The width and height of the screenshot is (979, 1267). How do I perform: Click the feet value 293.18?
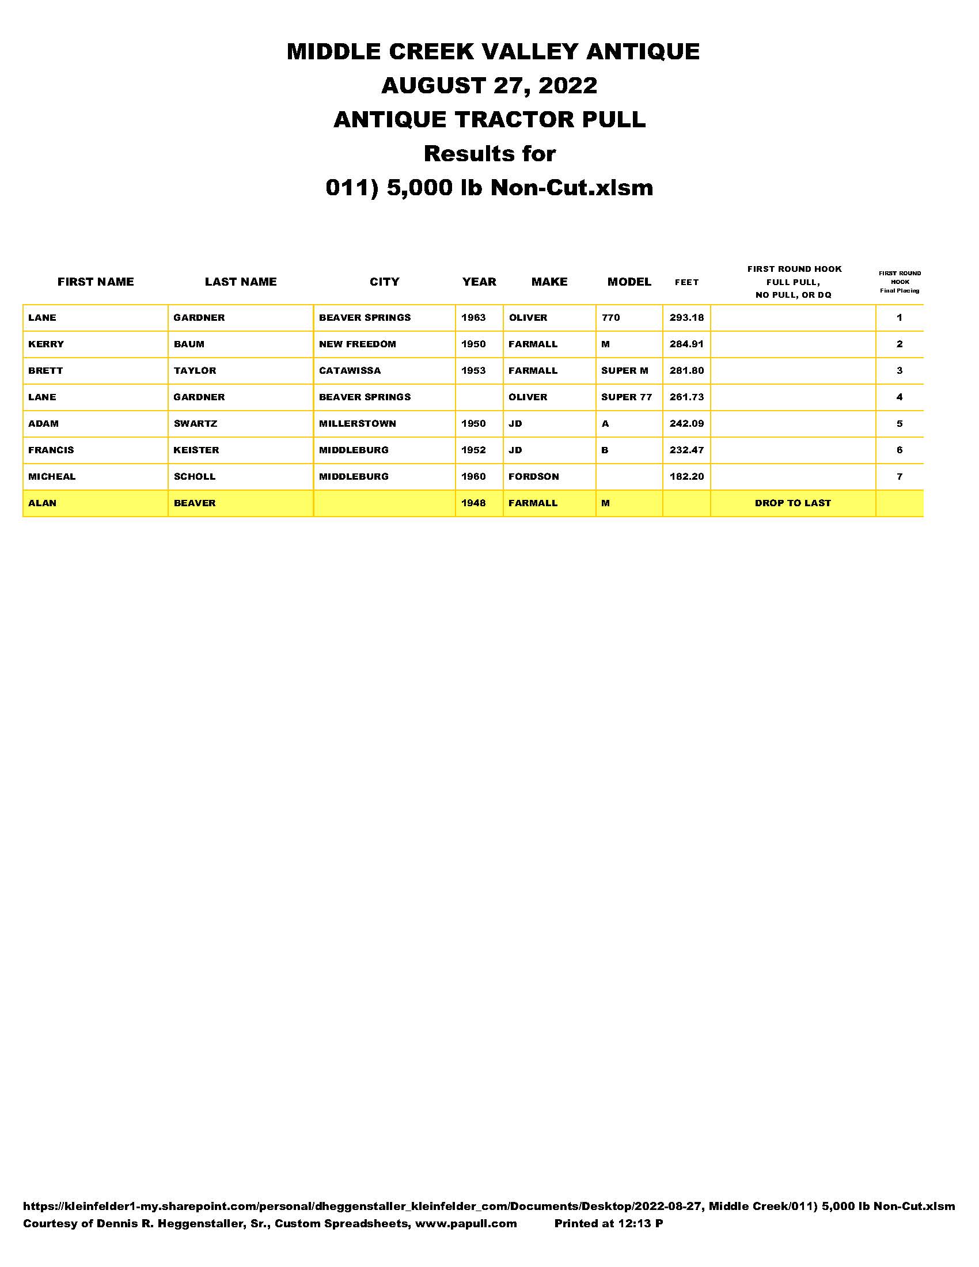click(x=686, y=317)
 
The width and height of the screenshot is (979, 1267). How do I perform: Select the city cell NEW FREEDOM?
click(x=357, y=344)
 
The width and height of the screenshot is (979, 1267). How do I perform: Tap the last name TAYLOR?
click(x=195, y=371)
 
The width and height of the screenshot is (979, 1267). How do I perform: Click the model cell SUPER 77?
click(x=627, y=397)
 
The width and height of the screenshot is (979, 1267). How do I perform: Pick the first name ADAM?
click(x=44, y=423)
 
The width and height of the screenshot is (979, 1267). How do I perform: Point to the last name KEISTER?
click(x=196, y=450)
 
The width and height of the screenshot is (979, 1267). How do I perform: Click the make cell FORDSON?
click(x=534, y=476)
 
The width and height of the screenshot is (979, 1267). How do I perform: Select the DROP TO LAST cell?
click(x=792, y=503)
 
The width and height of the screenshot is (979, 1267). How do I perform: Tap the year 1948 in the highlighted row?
click(x=473, y=503)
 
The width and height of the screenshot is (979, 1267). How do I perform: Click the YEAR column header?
click(x=479, y=282)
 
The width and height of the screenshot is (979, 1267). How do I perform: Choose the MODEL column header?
click(x=629, y=282)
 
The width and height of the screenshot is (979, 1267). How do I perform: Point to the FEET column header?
click(x=686, y=283)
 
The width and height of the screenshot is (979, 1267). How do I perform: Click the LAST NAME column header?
click(x=241, y=282)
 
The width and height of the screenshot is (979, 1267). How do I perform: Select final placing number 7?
click(x=899, y=476)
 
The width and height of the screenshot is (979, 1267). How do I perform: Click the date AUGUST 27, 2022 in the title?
click(x=489, y=86)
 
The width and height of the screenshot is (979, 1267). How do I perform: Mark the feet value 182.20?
click(x=686, y=476)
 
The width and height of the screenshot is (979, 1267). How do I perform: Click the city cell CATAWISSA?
click(x=350, y=371)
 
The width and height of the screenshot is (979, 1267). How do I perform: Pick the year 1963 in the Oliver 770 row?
click(x=473, y=317)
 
